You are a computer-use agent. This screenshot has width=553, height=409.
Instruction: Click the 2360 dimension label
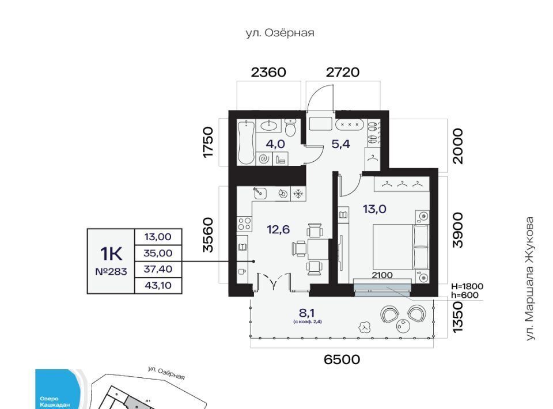269,72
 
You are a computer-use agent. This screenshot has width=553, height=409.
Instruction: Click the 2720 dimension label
343,72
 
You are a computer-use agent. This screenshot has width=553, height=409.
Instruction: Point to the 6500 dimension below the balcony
342,359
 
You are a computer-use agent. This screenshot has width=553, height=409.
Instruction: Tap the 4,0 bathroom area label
274,143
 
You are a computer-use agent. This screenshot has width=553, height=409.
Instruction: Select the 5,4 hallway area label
340,143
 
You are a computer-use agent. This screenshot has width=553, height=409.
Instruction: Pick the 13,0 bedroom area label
374,210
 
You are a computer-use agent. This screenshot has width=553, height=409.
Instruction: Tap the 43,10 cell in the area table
157,285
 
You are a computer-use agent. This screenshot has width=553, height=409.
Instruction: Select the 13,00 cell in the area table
157,237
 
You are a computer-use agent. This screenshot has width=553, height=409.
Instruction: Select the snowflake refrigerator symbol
298,194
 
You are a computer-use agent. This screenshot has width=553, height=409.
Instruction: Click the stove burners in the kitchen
244,224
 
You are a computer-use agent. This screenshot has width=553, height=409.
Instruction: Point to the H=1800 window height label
467,286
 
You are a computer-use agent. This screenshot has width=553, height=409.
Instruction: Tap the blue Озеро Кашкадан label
55,402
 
